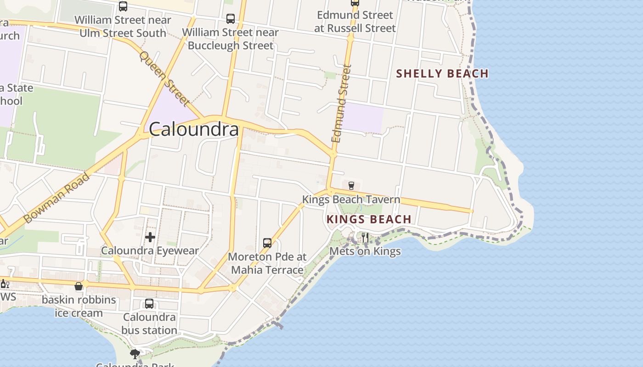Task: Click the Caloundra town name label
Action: [194, 129]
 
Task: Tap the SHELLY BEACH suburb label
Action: [442, 73]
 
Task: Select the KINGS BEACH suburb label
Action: [369, 219]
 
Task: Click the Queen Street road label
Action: [164, 78]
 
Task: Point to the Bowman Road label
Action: [56, 198]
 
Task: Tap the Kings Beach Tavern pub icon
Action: [351, 185]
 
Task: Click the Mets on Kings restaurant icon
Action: [365, 237]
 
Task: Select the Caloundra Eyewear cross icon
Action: [150, 237]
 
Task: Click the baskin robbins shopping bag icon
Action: [79, 286]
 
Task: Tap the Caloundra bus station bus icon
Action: [149, 304]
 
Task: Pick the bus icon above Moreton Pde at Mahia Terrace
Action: [267, 243]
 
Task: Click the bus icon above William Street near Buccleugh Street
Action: [231, 19]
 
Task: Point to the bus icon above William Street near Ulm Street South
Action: [123, 6]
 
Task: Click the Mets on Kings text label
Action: [365, 251]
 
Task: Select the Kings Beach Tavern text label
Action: [351, 200]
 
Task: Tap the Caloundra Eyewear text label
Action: [150, 251]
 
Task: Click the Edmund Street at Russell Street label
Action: [355, 22]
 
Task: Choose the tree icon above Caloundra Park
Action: [135, 354]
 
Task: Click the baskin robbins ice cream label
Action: [79, 306]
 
